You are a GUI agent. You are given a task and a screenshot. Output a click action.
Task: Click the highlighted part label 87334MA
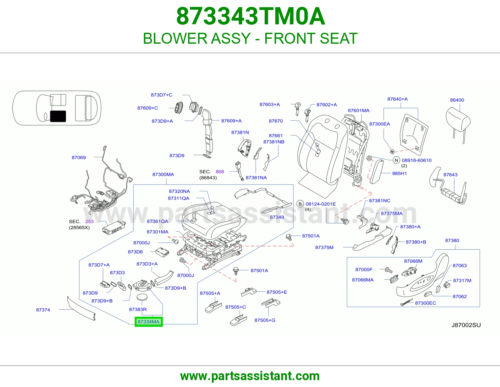pyautogui.click(x=149, y=322)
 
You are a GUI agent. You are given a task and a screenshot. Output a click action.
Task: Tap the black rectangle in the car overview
pyautogui.click(x=58, y=116)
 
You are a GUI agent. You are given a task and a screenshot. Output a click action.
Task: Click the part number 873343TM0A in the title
pyautogui.click(x=251, y=16)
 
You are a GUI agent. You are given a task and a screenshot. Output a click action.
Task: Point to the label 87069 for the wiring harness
pyautogui.click(x=79, y=157)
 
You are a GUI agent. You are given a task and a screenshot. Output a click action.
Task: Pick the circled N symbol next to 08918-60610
pyautogui.click(x=396, y=160)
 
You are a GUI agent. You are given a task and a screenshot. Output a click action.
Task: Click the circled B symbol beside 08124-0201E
pyautogui.click(x=300, y=204)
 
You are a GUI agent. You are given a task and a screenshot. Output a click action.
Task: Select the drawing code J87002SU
pyautogui.click(x=466, y=325)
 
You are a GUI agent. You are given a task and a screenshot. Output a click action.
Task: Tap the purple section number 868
pyautogui.click(x=220, y=172)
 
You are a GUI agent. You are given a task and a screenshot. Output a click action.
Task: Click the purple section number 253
pyautogui.click(x=89, y=222)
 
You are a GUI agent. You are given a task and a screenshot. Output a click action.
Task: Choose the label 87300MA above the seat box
pyautogui.click(x=163, y=174)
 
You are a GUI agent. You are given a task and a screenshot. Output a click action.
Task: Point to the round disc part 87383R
pyautogui.click(x=142, y=297)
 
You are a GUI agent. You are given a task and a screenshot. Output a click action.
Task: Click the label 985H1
pyautogui.click(x=399, y=174)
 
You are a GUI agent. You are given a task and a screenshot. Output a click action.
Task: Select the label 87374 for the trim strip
pyautogui.click(x=43, y=310)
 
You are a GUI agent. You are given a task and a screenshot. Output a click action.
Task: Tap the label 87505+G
pyautogui.click(x=265, y=320)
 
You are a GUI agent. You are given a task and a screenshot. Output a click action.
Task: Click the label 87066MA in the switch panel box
pyautogui.click(x=363, y=280)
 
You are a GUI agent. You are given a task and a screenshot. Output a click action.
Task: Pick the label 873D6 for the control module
pyautogui.click(x=135, y=252)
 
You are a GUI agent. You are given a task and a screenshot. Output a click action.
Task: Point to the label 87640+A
pyautogui.click(x=397, y=99)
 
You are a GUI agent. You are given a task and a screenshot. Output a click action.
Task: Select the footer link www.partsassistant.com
pyautogui.click(x=250, y=376)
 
